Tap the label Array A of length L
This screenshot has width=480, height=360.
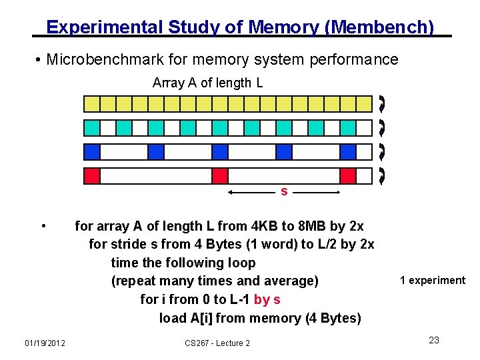tap(207, 83)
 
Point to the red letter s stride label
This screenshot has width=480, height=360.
tap(284, 192)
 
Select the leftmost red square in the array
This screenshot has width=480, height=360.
tap(92, 176)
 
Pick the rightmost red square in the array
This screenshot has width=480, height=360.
tap(347, 176)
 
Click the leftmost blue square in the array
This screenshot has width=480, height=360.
tap(92, 152)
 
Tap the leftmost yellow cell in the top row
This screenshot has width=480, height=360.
tap(91, 103)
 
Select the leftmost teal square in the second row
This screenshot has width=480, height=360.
tap(92, 127)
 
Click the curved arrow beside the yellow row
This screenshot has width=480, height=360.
tap(381, 103)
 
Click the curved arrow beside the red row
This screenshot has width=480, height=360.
tap(381, 176)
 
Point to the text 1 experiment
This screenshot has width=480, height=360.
tap(433, 280)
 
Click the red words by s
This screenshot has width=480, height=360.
tap(267, 299)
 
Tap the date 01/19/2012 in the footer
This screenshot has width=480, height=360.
tap(45, 343)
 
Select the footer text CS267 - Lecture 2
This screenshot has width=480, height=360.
tap(217, 343)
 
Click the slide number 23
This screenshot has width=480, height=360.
tap(433, 340)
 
